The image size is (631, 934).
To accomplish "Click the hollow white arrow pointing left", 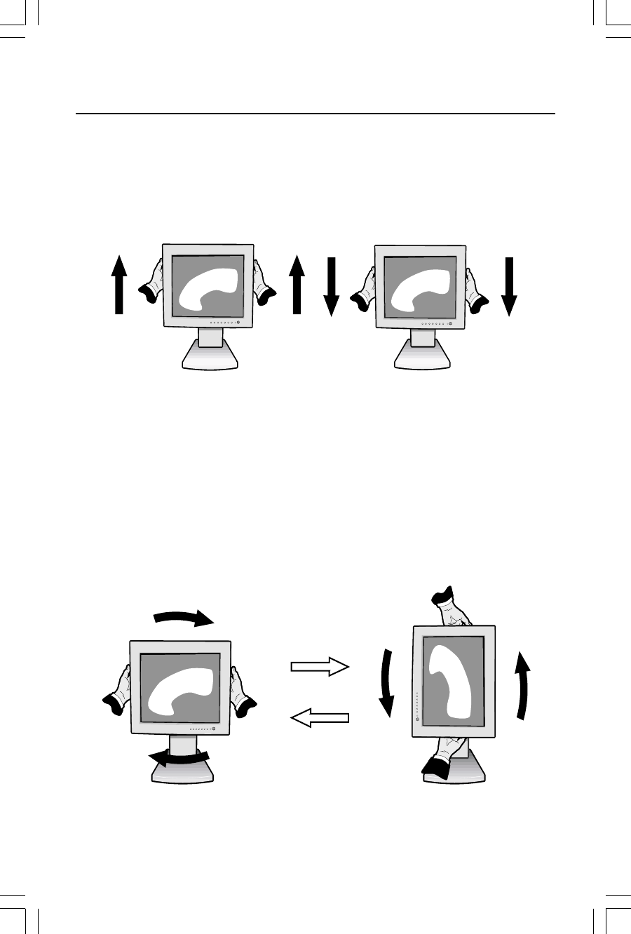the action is pyautogui.click(x=320, y=717).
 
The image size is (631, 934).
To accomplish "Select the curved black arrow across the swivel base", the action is pyautogui.click(x=182, y=758).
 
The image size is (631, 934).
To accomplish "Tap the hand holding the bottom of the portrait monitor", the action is pyautogui.click(x=442, y=757).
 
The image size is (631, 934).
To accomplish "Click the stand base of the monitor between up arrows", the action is pyautogui.click(x=210, y=357).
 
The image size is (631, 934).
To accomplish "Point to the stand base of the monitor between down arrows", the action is pyautogui.click(x=422, y=357).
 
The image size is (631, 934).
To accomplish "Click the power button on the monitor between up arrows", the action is pyautogui.click(x=238, y=323).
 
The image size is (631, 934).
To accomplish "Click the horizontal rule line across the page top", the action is pyautogui.click(x=315, y=113).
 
